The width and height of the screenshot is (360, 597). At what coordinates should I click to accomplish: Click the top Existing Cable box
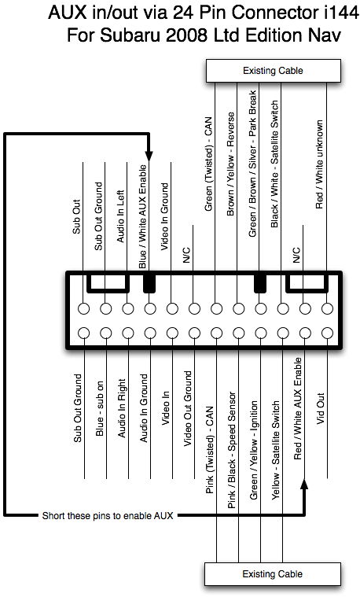point(274,71)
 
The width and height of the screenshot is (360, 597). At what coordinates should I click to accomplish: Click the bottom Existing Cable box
point(273,574)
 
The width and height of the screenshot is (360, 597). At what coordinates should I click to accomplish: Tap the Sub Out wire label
point(76,216)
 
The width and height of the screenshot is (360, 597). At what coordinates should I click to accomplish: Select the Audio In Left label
point(120,216)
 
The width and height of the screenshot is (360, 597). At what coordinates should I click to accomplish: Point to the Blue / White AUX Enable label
point(142,216)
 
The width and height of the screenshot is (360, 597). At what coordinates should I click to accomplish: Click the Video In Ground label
point(164,216)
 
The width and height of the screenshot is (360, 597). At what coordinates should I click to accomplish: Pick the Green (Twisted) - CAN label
point(208,164)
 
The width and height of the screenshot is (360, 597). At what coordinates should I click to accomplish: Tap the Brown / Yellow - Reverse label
point(230,164)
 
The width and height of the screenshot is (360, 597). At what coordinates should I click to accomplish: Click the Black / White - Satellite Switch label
point(274,164)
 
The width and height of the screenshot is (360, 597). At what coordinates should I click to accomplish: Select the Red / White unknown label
point(319,164)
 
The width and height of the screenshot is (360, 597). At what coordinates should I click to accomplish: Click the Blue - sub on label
point(99,408)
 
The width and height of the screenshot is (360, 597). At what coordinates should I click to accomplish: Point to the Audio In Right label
point(121,408)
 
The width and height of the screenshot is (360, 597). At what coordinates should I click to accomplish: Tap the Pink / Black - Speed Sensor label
point(231,450)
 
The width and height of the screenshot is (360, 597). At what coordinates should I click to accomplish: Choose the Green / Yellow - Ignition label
point(253,450)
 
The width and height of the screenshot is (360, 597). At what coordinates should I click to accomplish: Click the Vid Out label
point(321,408)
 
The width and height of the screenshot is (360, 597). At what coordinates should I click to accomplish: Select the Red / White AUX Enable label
point(298,408)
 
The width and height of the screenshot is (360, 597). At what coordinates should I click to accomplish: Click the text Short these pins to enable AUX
point(108,516)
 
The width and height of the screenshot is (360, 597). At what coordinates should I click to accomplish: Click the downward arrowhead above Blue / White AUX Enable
point(149,156)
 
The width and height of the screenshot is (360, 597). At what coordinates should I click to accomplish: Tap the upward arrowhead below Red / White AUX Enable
point(304,484)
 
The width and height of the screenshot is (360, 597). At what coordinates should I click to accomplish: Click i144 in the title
point(341,13)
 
